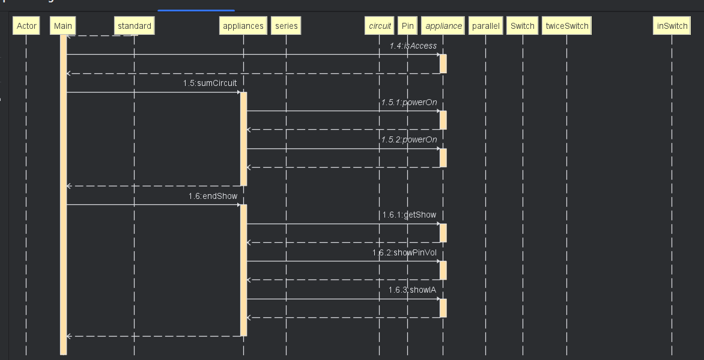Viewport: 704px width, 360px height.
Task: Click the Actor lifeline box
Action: [26, 26]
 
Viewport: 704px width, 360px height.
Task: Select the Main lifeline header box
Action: [63, 26]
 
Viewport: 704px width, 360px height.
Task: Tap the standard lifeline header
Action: [135, 26]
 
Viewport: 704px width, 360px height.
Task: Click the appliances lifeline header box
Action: [243, 26]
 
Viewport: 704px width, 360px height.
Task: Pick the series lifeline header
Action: [286, 26]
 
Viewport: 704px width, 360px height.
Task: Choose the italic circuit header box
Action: [380, 26]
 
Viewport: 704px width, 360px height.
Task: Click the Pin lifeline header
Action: [408, 26]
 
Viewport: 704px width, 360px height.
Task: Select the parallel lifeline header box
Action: [486, 26]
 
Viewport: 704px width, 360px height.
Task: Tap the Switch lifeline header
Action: [523, 26]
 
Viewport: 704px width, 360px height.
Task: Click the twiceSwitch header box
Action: [566, 26]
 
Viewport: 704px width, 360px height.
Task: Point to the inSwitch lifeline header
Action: [672, 26]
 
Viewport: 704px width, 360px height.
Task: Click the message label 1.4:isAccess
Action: [413, 46]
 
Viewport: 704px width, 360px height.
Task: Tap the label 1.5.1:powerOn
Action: [409, 102]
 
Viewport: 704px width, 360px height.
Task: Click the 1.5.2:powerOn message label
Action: [409, 139]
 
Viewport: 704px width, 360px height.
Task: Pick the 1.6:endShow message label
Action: [213, 196]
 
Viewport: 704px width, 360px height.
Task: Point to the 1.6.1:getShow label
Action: [409, 215]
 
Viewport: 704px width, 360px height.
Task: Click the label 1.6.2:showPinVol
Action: [404, 252]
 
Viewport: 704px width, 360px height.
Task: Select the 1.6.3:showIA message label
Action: [412, 290]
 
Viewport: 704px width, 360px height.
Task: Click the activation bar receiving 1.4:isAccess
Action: [443, 64]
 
